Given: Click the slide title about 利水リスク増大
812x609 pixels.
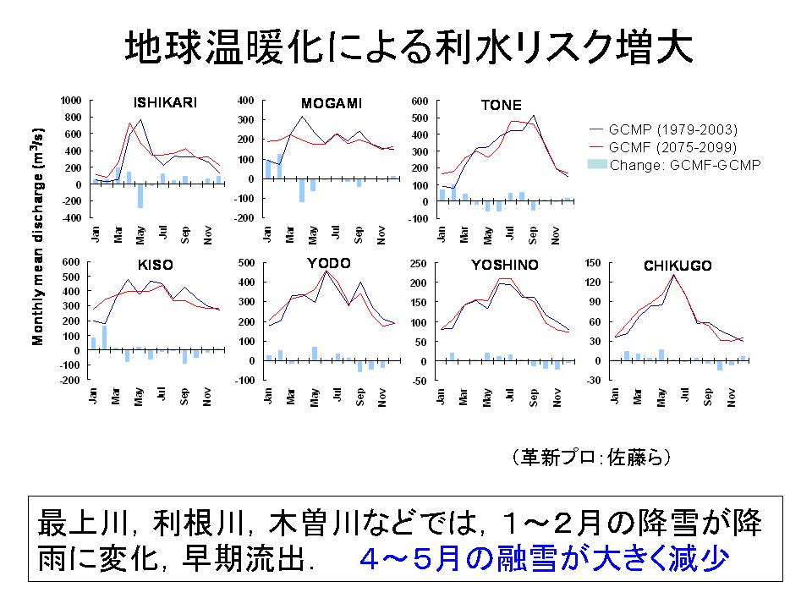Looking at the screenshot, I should (x=409, y=49).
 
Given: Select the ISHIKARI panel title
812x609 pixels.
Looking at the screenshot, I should (x=165, y=103).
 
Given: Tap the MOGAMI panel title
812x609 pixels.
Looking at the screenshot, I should (x=331, y=103).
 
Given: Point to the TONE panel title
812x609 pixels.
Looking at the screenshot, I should (x=501, y=106).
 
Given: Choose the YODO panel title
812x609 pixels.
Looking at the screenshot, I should (x=330, y=263).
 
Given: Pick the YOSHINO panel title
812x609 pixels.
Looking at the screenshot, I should (x=504, y=265).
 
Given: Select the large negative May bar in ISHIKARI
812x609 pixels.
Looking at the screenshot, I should (x=140, y=195).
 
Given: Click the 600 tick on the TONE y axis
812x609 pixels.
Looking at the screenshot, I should (x=420, y=100).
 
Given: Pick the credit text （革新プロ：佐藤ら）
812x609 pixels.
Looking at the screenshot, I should (x=591, y=458).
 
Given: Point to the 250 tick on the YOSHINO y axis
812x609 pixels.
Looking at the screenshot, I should (x=418, y=263).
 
